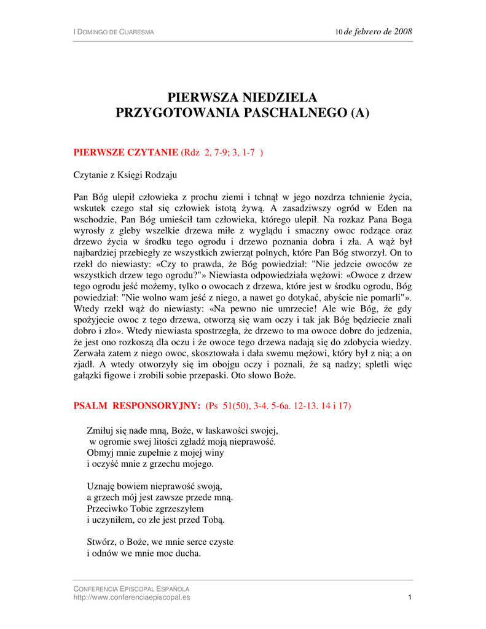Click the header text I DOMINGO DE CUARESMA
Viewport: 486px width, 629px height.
coord(114,31)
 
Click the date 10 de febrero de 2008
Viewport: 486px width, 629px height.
coord(373,31)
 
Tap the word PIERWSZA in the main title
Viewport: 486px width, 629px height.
coord(205,98)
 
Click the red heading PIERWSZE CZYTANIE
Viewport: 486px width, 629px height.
coord(127,152)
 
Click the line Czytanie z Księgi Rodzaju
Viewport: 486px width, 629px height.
coord(125,175)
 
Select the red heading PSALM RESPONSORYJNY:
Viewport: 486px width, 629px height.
coord(137,406)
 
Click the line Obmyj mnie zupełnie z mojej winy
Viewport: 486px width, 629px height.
coord(155,452)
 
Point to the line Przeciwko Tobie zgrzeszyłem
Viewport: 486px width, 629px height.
coord(145,509)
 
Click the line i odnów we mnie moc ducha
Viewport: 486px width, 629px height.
coord(144,553)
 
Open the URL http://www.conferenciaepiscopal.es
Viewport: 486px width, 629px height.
coord(132,597)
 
